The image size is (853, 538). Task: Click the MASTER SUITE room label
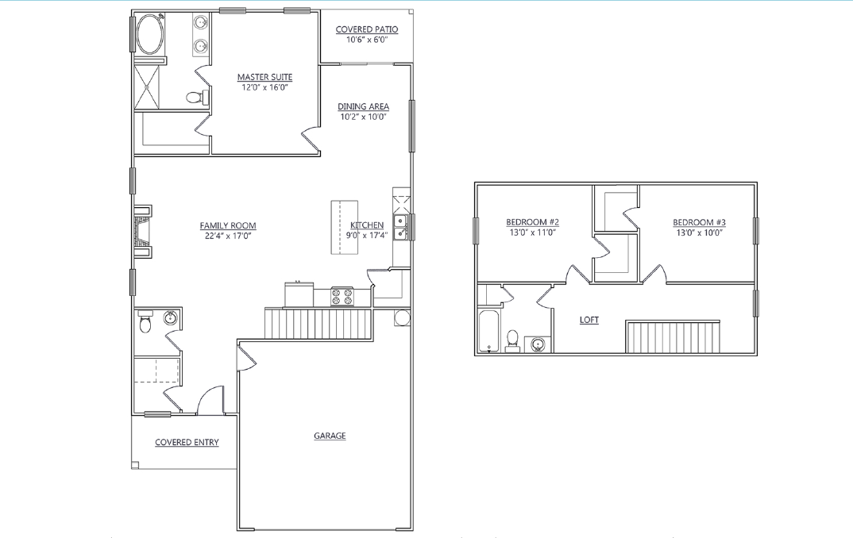click(x=264, y=77)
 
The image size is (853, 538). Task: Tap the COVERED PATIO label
click(x=366, y=29)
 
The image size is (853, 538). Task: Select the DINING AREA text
click(x=363, y=106)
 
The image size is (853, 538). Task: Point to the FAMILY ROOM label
click(x=228, y=225)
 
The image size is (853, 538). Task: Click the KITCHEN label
click(x=367, y=225)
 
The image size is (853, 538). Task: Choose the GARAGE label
click(x=330, y=436)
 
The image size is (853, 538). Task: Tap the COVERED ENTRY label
click(x=187, y=442)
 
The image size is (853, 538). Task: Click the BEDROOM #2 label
click(x=533, y=221)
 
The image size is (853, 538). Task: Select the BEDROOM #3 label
click(x=699, y=221)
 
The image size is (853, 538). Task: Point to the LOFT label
click(x=589, y=320)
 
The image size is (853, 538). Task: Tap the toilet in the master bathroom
click(x=195, y=98)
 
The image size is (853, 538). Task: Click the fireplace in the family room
click(x=142, y=231)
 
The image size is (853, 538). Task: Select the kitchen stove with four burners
click(x=342, y=297)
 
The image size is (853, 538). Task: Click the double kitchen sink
click(x=401, y=227)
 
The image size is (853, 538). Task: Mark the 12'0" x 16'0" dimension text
click(x=264, y=87)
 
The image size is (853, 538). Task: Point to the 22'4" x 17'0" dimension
click(x=228, y=236)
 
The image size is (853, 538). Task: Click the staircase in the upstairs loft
click(x=674, y=336)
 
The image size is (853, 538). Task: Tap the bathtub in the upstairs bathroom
click(x=488, y=331)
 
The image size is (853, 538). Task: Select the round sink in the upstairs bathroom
click(x=538, y=344)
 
